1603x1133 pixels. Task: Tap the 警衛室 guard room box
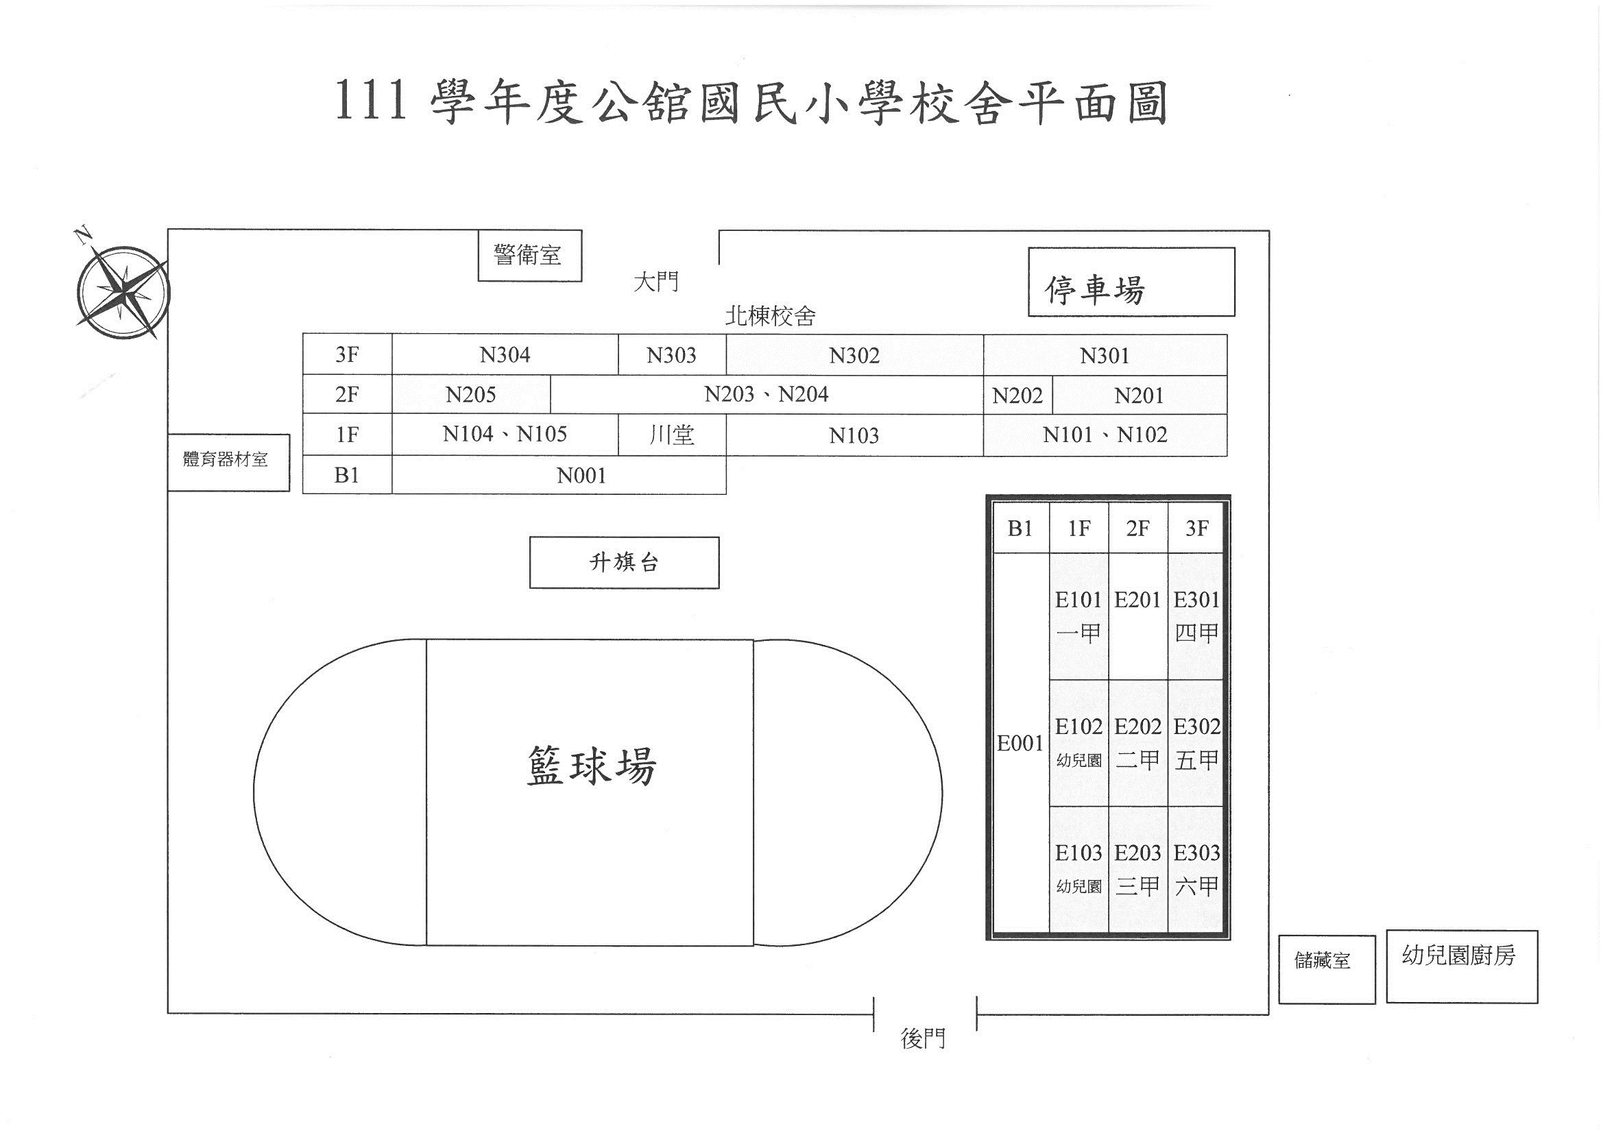(x=530, y=256)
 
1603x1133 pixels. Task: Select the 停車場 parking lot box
(x=1131, y=282)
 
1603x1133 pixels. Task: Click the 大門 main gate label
(x=655, y=282)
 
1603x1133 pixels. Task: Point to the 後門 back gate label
(x=923, y=1039)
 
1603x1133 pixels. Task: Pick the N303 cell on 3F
(x=672, y=354)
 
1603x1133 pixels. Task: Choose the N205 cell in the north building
(x=471, y=394)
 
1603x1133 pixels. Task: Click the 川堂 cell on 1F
(x=672, y=435)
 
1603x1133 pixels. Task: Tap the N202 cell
(x=1018, y=395)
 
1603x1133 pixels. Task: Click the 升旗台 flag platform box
(x=624, y=563)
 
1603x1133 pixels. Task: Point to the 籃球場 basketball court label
(x=591, y=766)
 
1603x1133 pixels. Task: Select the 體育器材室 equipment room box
(x=228, y=462)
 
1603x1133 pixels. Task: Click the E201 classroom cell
(x=1138, y=616)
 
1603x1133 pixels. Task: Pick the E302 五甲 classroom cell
(x=1196, y=744)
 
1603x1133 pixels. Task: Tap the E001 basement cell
(x=1021, y=744)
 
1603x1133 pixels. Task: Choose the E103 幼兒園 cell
(x=1078, y=870)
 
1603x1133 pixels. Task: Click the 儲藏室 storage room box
(x=1327, y=970)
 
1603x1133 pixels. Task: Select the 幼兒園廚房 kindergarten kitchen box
(x=1462, y=966)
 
